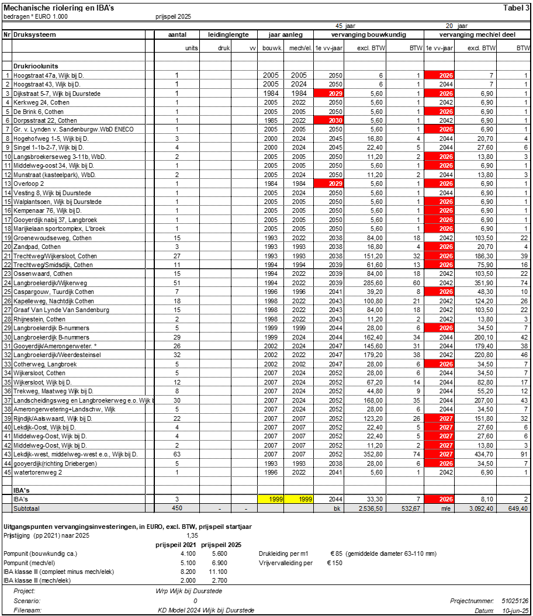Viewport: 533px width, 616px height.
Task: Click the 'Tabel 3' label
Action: (x=516, y=7)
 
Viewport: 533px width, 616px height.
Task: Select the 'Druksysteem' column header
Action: (x=34, y=34)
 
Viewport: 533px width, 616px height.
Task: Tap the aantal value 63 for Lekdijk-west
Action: (x=176, y=454)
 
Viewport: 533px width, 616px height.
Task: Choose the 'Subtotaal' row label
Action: (x=27, y=508)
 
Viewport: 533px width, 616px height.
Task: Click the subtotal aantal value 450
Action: (x=176, y=508)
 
